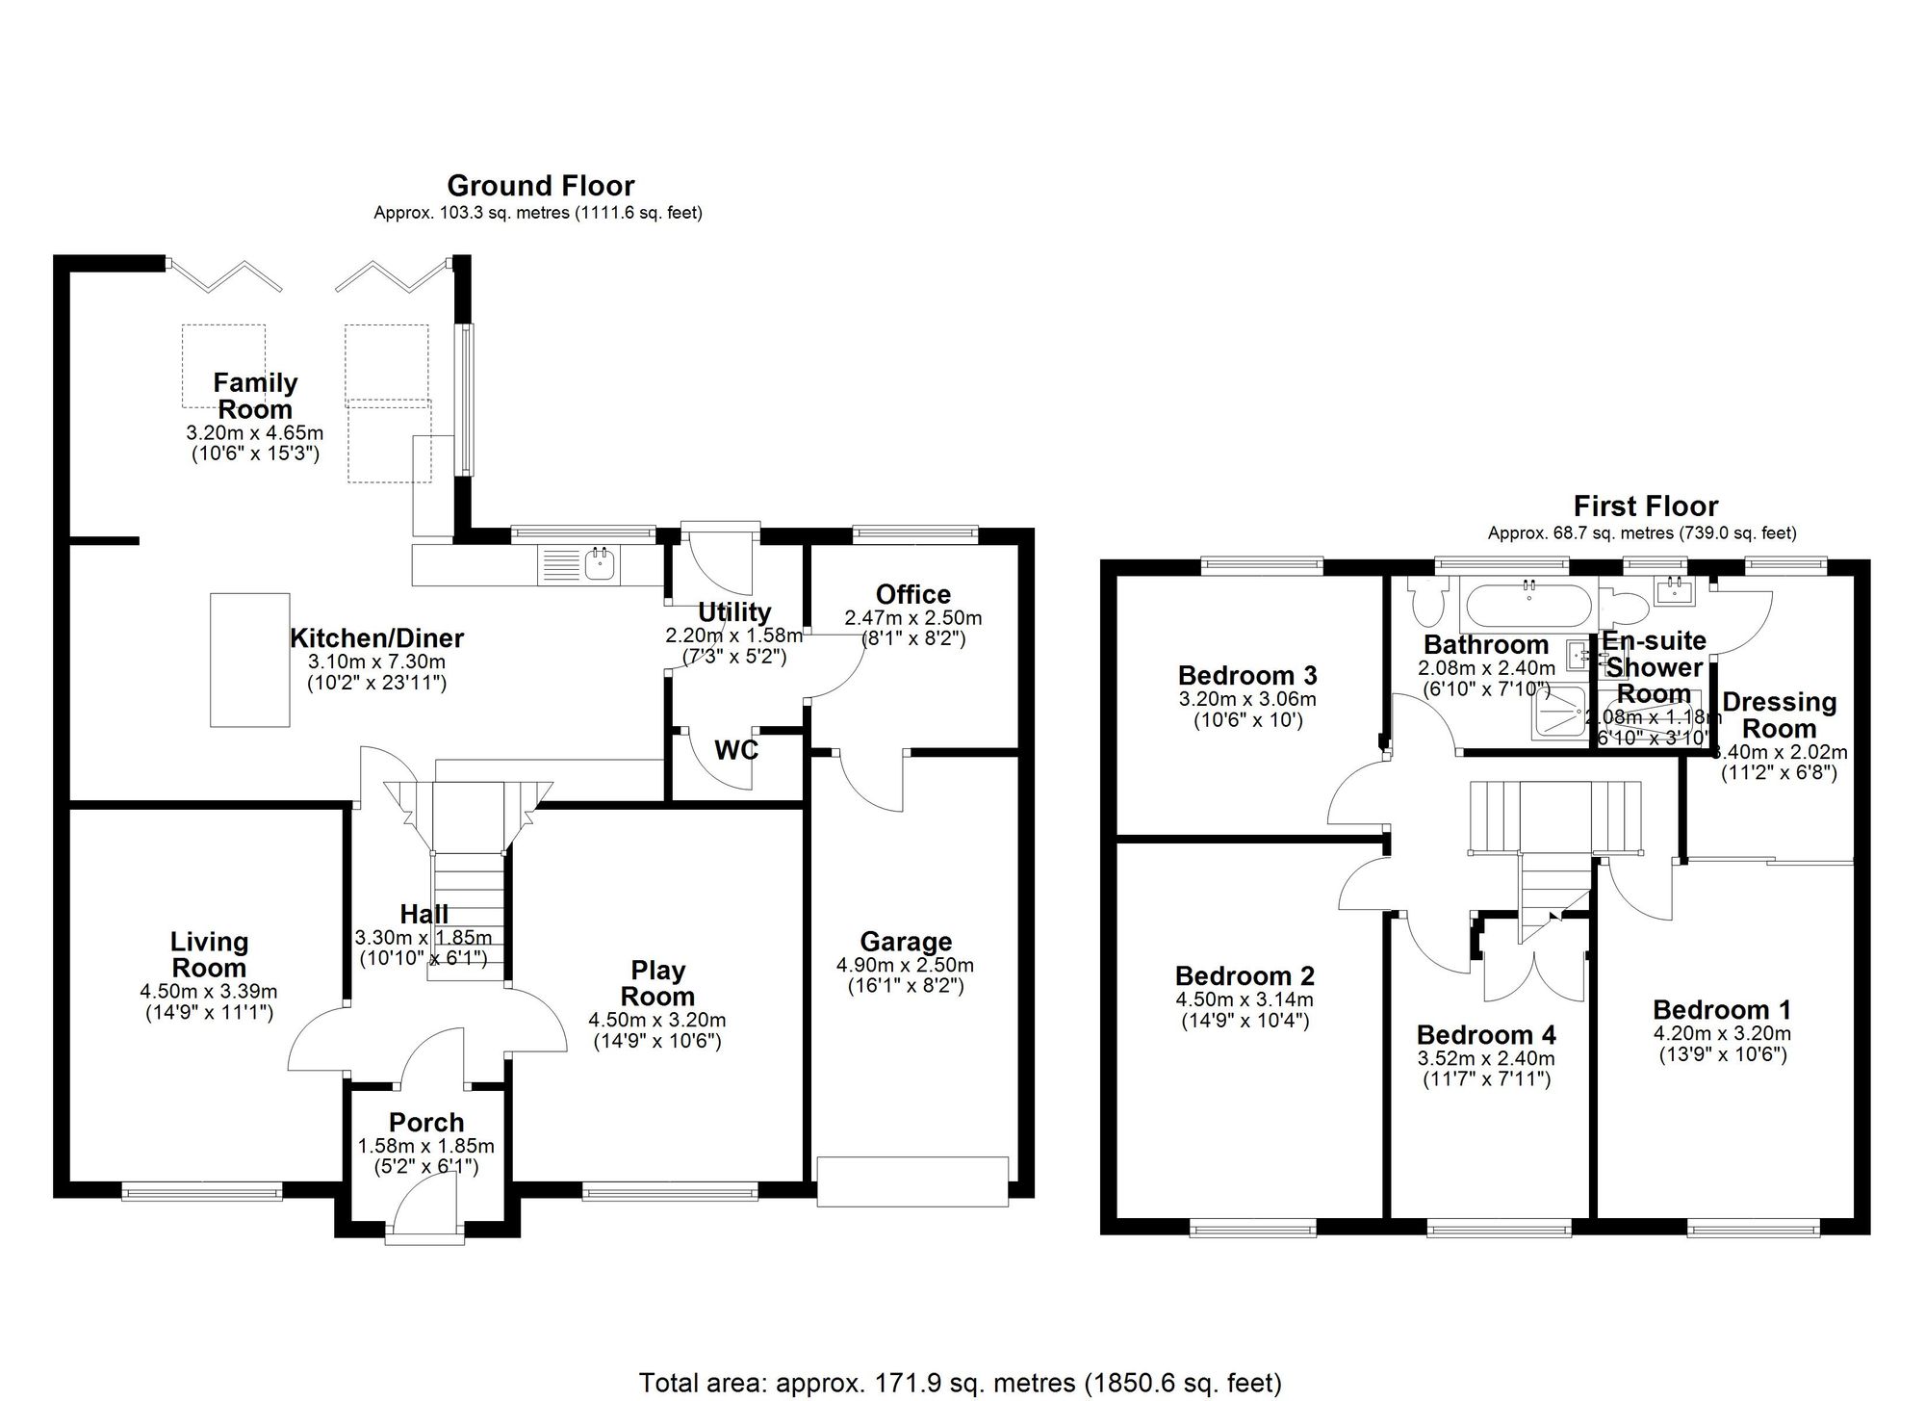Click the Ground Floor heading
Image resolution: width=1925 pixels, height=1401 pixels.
click(540, 186)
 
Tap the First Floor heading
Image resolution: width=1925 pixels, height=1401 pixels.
click(1645, 506)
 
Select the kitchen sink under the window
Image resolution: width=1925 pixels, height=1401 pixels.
click(602, 563)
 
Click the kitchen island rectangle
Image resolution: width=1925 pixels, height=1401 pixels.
click(250, 660)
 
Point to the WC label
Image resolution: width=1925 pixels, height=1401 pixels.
click(736, 750)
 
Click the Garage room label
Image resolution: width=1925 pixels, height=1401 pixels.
click(906, 942)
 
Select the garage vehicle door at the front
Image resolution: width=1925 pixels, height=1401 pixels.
click(912, 1181)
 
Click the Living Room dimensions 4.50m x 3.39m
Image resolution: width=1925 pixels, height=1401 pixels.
click(208, 992)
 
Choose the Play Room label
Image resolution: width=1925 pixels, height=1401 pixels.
click(657, 983)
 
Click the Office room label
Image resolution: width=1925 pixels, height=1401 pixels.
click(912, 595)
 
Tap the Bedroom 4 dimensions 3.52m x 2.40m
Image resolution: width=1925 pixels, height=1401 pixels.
click(1486, 1059)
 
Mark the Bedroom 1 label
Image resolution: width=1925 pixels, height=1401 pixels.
click(1722, 1010)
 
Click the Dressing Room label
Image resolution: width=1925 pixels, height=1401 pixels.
click(1779, 715)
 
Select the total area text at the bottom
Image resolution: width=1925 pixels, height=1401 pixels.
click(960, 1384)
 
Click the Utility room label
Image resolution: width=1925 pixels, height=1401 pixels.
click(734, 612)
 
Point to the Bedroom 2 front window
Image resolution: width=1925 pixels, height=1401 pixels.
click(1252, 1228)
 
